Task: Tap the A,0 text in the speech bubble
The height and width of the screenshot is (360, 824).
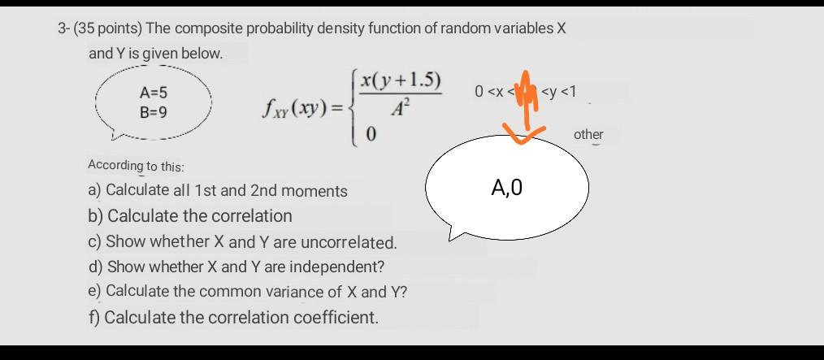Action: point(507,189)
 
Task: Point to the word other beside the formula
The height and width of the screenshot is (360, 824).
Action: point(588,134)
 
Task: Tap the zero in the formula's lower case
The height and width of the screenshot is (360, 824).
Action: point(370,136)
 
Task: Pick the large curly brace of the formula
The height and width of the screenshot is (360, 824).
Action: point(352,106)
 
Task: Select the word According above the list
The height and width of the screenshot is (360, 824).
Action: point(111,166)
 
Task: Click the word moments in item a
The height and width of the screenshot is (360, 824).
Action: point(319,191)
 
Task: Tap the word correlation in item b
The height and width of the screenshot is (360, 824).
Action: point(251,216)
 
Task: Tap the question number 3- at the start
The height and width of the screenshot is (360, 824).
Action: point(63,28)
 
